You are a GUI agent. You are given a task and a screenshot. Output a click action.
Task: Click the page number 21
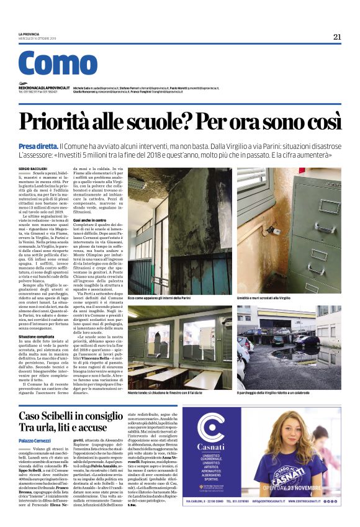[x=337, y=37]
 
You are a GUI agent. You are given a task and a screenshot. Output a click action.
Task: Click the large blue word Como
[x=58, y=64]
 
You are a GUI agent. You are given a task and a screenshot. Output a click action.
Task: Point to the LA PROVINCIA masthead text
[x=30, y=34]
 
